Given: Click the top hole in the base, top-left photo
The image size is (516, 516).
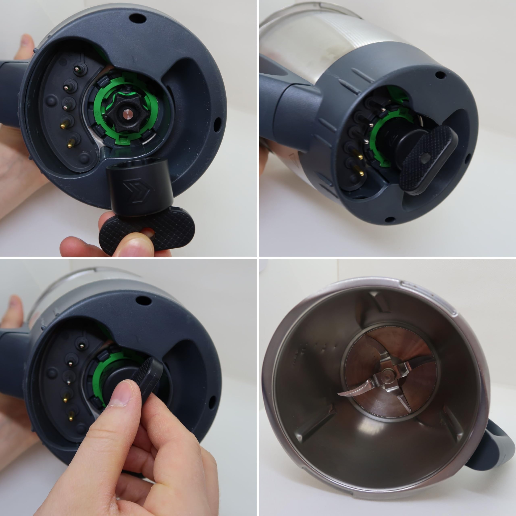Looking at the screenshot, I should click(x=137, y=18).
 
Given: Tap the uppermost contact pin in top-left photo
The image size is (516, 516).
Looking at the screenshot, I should click(x=77, y=70).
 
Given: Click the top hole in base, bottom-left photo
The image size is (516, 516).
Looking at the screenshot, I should click(x=144, y=300).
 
